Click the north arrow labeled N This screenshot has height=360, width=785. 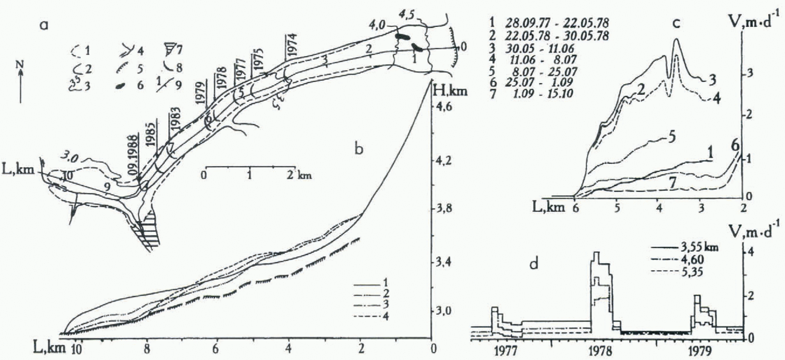[x=21, y=84]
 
